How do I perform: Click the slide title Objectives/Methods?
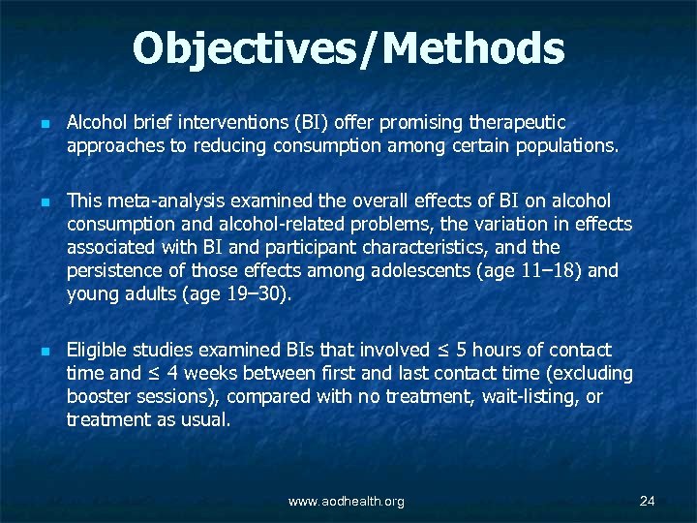pos(348,48)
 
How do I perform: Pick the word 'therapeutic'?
pos(517,123)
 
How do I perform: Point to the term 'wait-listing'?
pos(528,396)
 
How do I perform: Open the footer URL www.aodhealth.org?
pos(347,502)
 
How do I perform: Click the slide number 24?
pos(648,501)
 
